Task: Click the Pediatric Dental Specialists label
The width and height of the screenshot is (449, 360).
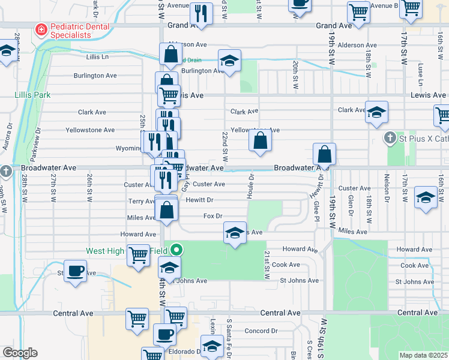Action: point(80,31)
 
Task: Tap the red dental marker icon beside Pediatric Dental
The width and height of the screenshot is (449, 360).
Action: point(41,29)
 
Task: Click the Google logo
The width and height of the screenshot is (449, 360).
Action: point(19,353)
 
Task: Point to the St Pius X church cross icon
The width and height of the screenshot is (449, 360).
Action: point(390,138)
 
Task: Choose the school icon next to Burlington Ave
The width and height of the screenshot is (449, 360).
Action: point(229,61)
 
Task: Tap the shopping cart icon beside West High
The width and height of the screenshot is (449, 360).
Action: point(138,255)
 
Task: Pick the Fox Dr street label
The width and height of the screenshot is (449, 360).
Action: point(213,216)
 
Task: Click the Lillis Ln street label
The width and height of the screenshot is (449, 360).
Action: point(97,57)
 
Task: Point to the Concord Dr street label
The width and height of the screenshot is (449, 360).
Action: point(261,331)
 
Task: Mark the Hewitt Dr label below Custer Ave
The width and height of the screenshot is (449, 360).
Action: point(199,200)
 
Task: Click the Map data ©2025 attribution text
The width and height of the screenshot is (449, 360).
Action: point(422,355)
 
